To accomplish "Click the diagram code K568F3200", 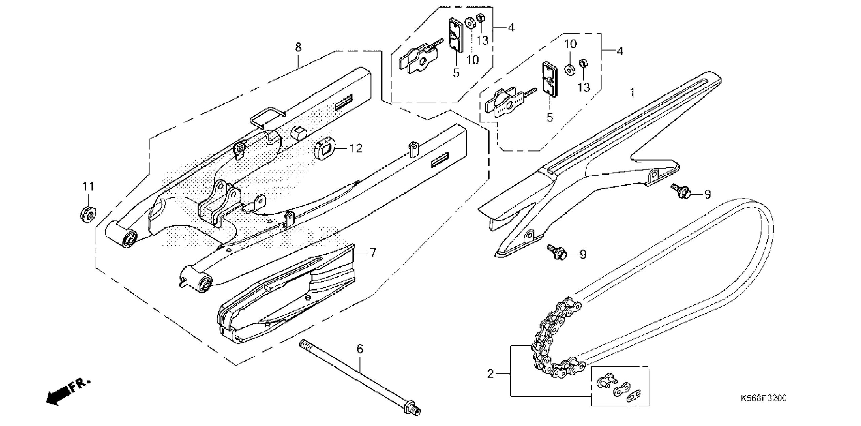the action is (763, 398).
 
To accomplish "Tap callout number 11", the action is (88, 186).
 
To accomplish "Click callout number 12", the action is (356, 148).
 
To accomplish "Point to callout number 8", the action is (298, 47).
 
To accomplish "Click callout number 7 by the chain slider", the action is (372, 253).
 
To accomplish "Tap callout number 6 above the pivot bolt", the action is (360, 349).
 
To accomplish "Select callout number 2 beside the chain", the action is (491, 373).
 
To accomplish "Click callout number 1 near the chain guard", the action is (632, 92).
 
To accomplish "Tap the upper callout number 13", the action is (482, 41).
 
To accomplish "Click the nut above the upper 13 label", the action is (480, 18).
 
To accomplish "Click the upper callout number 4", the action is (511, 27).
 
